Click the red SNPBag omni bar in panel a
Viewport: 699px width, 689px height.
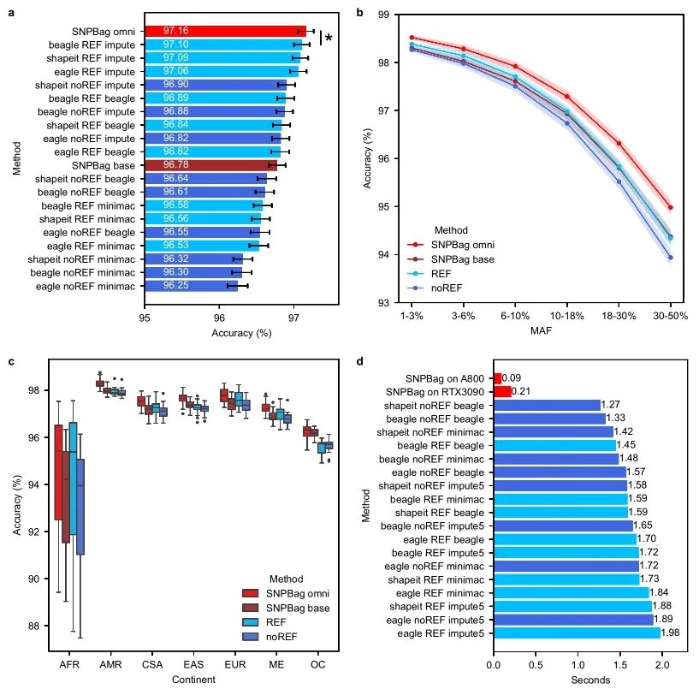[x=225, y=31]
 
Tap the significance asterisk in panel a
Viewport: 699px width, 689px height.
[x=328, y=38]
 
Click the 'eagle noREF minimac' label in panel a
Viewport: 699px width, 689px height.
[x=86, y=286]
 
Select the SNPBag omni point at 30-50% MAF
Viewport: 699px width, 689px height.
[x=671, y=207]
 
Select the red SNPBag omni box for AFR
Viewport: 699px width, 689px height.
[x=58, y=472]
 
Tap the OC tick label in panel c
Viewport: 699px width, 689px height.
[x=317, y=665]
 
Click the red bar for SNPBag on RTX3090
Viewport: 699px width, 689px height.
[x=502, y=391]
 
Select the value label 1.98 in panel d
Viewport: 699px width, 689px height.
[x=671, y=633]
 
